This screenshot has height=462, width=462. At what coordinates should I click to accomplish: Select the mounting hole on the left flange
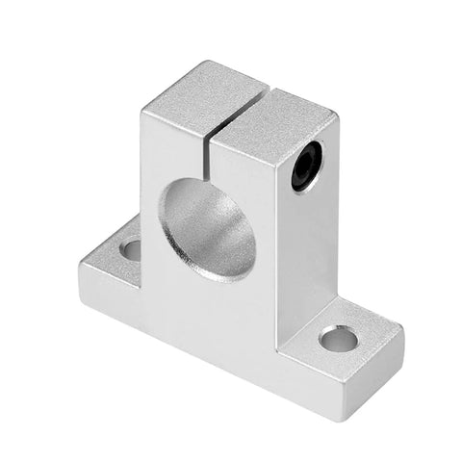[130, 249]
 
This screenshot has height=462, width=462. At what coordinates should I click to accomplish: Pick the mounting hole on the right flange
[338, 338]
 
